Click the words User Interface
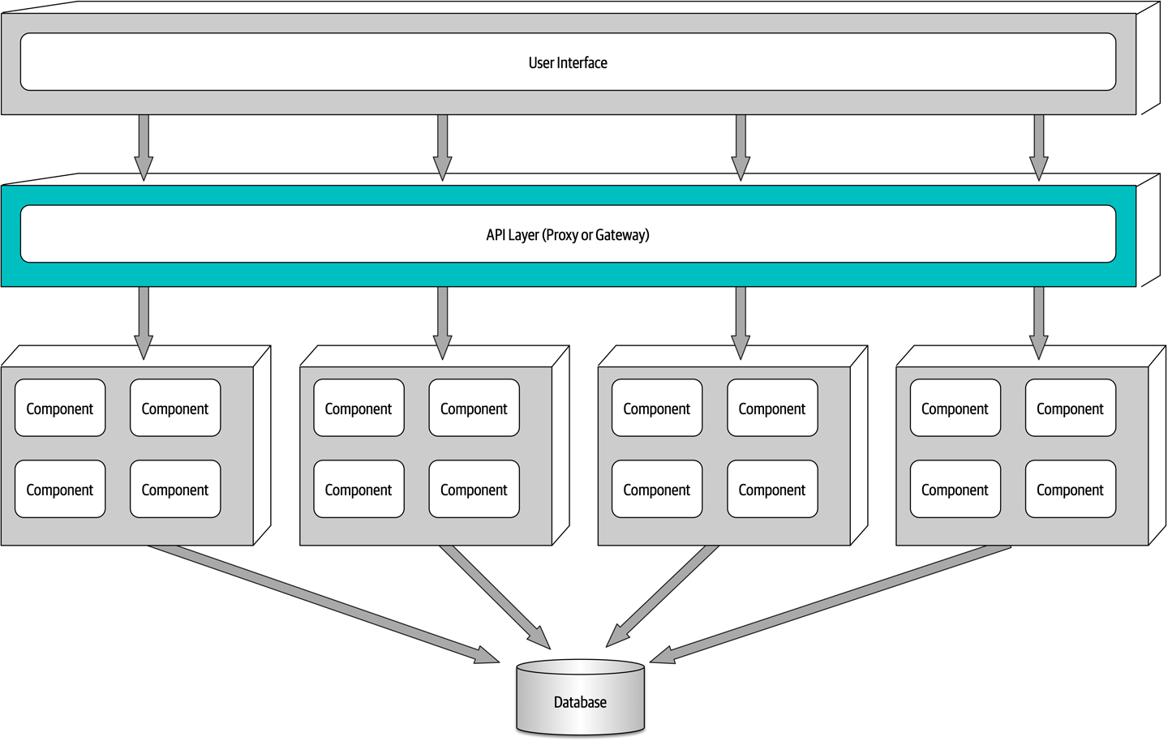click(568, 62)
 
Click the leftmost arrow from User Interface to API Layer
click(144, 146)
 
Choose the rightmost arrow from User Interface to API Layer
click(1038, 146)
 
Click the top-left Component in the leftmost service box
click(60, 409)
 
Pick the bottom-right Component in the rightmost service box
click(1070, 490)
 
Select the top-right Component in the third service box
click(771, 409)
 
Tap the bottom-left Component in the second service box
click(358, 490)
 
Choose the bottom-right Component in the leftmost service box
click(174, 490)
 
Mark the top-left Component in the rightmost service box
click(955, 409)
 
